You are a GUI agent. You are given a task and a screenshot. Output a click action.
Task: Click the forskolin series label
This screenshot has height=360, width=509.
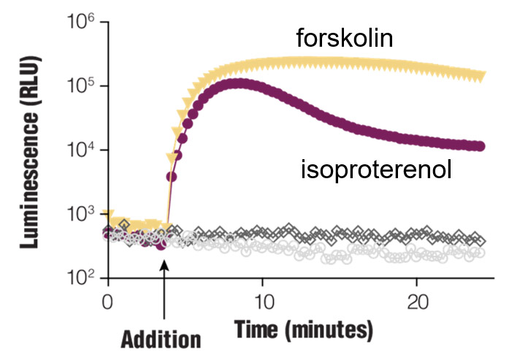[345, 38]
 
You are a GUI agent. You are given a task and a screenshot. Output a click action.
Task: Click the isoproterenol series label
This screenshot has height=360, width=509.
[375, 170]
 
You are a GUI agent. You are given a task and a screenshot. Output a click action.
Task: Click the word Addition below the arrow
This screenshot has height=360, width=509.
[160, 339]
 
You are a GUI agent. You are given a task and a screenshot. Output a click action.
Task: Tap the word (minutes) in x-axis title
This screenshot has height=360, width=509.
[326, 329]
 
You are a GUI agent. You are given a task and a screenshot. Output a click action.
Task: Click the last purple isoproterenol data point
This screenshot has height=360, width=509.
[480, 147]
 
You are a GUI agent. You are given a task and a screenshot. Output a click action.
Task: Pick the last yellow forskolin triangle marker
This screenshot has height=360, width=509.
[481, 77]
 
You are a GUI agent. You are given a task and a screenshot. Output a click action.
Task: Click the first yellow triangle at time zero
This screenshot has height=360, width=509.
[108, 217]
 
